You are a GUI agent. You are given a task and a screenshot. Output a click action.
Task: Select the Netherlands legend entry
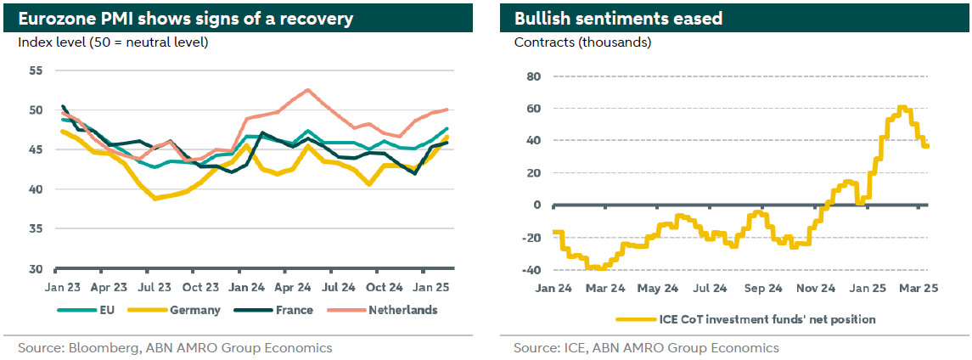tap(402, 310)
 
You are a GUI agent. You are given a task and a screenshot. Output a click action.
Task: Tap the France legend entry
tap(293, 310)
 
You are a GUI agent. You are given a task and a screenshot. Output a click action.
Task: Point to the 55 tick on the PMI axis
tap(35, 70)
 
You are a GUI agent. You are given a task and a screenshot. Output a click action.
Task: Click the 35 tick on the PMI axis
tap(35, 229)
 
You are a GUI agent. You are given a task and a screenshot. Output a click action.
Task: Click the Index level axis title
tap(112, 42)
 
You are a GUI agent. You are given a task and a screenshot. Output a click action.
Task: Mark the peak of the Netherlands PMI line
tap(307, 89)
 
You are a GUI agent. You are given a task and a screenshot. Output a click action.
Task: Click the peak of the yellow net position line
tap(901, 107)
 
